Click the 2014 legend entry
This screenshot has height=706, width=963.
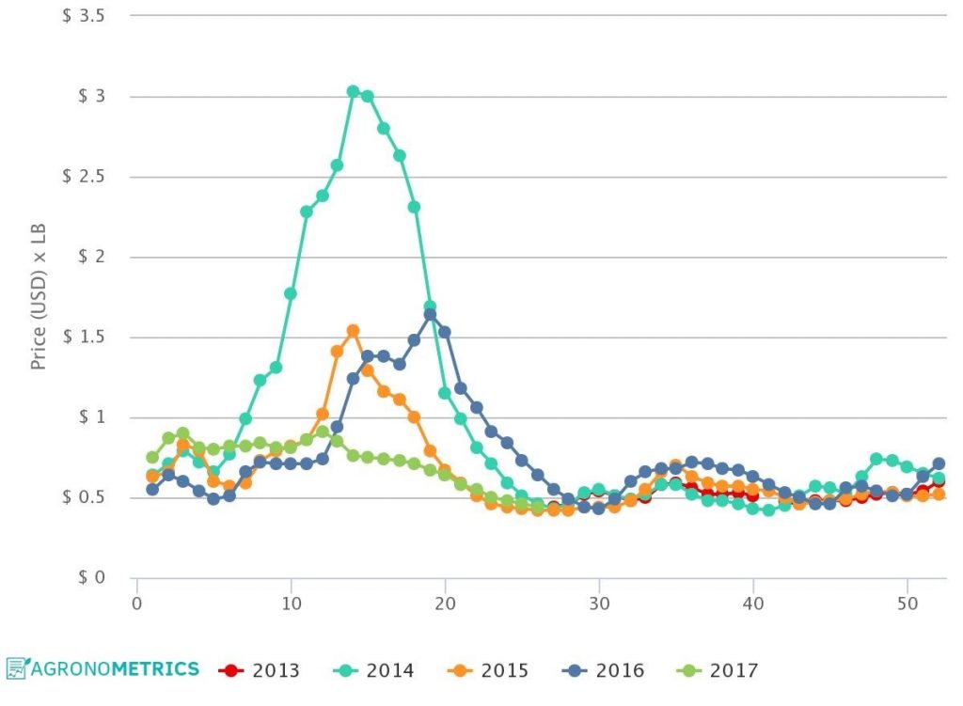[x=373, y=670]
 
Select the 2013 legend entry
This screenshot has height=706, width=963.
[x=259, y=670]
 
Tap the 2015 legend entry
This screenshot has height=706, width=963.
[x=488, y=670]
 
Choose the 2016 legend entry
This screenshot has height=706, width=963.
[x=604, y=670]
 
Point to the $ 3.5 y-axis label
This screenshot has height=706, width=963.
[x=83, y=17]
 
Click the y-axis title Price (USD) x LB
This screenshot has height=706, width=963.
[x=39, y=297]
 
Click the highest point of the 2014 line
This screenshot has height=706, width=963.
[x=353, y=91]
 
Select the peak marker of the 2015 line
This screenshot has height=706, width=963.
[x=353, y=331]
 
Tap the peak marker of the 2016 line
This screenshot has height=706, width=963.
[x=430, y=315]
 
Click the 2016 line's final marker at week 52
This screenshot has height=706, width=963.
[x=938, y=463]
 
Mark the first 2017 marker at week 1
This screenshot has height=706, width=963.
[x=152, y=457]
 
